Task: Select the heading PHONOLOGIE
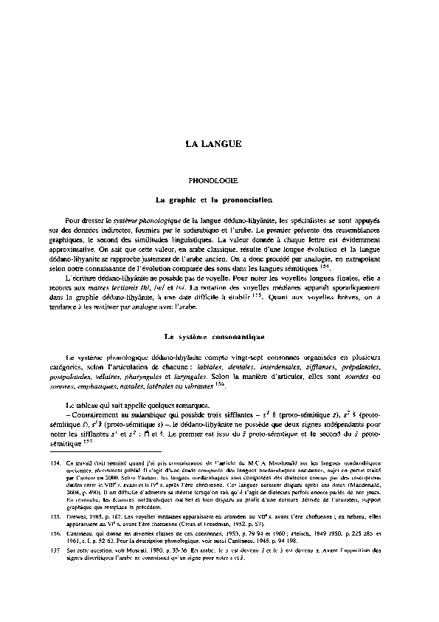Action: (x=212, y=180)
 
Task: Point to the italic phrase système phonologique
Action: (x=140, y=220)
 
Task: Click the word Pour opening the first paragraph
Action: (x=75, y=220)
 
